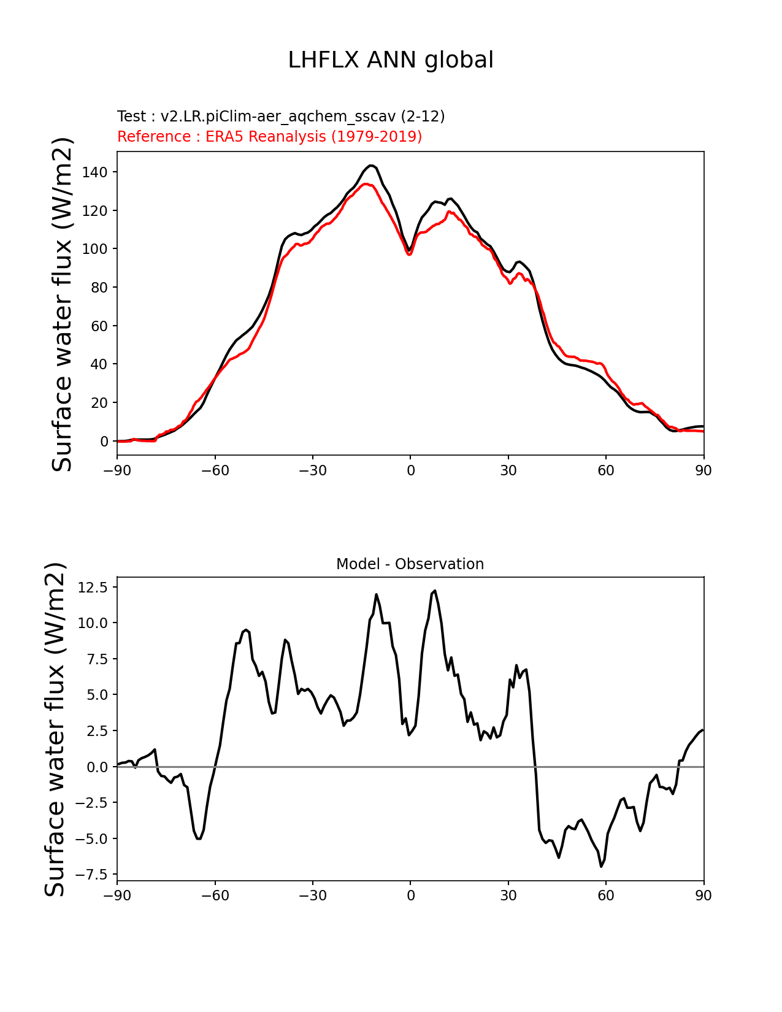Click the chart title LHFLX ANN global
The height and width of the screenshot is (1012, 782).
(391, 60)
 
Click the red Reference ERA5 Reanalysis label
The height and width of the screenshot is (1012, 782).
(269, 136)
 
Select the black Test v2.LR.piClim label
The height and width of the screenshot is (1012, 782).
(281, 117)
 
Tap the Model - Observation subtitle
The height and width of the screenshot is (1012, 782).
(410, 564)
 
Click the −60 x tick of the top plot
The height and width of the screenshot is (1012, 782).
(215, 470)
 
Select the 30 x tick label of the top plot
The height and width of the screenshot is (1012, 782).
(508, 470)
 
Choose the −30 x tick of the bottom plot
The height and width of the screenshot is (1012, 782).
(312, 895)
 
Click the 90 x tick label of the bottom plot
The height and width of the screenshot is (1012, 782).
(703, 895)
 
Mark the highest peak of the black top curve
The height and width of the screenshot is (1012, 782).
(370, 166)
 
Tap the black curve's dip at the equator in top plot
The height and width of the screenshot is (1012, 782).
(409, 250)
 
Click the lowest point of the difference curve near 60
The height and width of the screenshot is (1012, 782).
(601, 866)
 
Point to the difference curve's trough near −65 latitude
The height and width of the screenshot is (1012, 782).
(199, 838)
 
